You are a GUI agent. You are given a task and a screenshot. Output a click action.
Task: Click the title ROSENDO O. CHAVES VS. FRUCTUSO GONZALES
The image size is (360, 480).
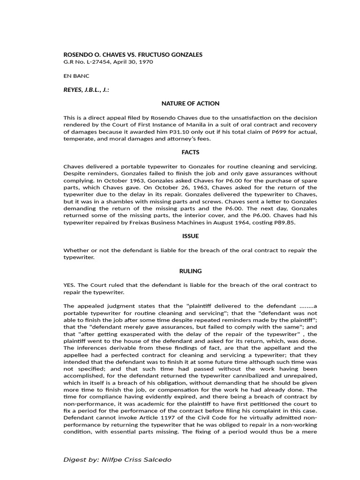(133, 55)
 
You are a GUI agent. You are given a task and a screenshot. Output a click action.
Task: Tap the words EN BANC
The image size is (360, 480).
(76, 75)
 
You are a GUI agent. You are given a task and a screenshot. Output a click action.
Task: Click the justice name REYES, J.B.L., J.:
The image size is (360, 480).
(86, 89)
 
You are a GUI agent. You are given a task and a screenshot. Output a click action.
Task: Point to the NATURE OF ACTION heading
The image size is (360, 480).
(190, 103)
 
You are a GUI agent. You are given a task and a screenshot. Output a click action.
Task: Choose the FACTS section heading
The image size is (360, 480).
(190, 152)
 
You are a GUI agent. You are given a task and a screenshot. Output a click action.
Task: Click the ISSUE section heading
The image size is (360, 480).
(190, 236)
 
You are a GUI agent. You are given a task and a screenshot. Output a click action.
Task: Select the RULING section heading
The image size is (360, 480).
(190, 271)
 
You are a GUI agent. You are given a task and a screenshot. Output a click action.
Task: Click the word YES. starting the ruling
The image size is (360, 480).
(69, 285)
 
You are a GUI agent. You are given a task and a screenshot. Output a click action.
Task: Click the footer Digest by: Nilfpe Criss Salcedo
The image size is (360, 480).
(117, 460)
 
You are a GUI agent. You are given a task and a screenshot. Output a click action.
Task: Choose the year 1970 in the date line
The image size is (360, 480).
(146, 62)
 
